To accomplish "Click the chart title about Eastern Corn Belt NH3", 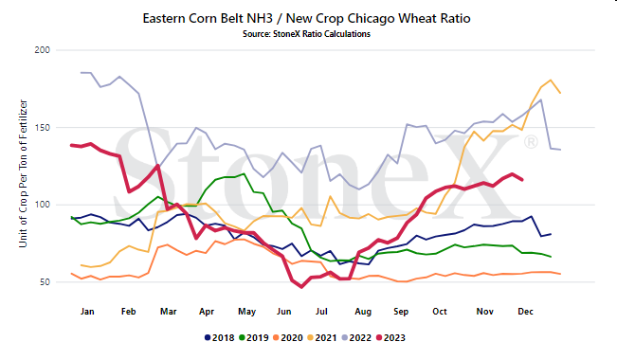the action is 306,19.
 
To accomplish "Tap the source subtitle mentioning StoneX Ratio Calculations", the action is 306,34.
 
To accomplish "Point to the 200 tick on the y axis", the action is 42,50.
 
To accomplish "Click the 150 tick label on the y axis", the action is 43,128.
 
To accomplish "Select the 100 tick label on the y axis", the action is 43,205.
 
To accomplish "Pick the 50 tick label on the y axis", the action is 45,282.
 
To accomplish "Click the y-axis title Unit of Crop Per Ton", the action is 23,173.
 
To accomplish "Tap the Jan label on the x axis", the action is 87,312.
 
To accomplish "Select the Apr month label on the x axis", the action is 207,312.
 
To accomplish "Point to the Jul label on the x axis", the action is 321,312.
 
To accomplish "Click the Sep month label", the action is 401,312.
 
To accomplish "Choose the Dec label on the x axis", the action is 525,312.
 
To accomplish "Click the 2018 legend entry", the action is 220,338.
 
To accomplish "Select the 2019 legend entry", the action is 254,338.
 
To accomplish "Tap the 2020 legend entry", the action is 288,338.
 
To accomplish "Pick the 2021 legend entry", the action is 322,338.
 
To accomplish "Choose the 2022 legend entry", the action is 356,338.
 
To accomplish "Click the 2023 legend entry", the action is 390,338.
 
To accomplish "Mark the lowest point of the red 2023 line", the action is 301,287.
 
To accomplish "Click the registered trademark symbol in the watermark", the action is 531,142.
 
